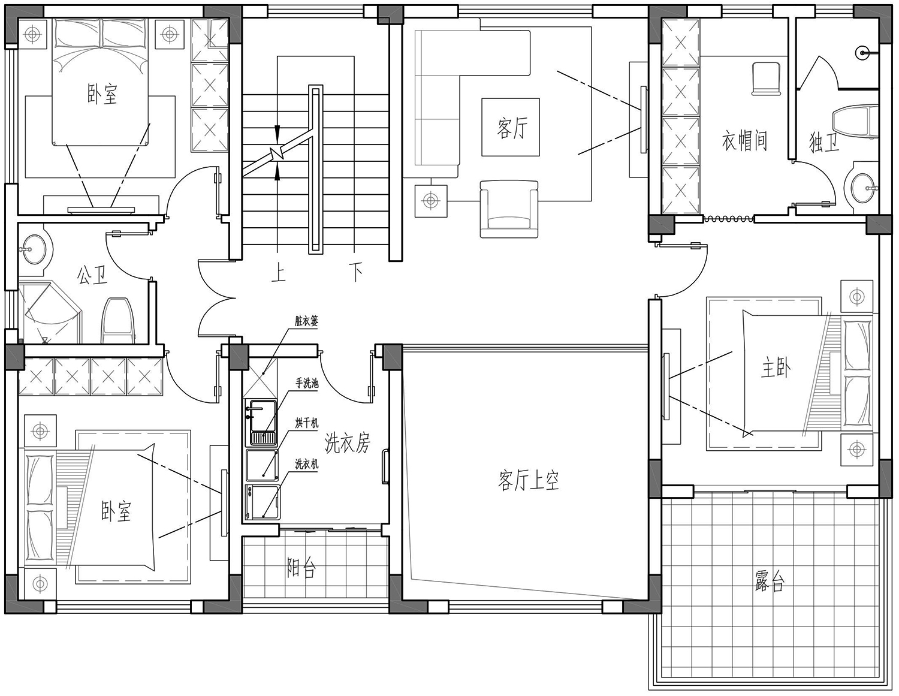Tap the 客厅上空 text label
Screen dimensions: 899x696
(x=529, y=480)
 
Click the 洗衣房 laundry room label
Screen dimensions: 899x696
(x=346, y=443)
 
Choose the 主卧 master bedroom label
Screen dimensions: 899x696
(x=776, y=367)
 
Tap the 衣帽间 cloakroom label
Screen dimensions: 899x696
(x=744, y=141)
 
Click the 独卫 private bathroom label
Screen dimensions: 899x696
(x=824, y=143)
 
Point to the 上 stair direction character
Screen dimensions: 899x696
(x=279, y=273)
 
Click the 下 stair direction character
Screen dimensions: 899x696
(x=355, y=272)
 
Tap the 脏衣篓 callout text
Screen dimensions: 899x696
(x=307, y=321)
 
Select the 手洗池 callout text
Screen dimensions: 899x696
(x=307, y=383)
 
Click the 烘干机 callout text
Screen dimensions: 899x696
(x=307, y=423)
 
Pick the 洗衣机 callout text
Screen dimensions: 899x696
(x=307, y=464)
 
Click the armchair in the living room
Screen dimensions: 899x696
(x=509, y=209)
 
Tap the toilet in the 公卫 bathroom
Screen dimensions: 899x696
(x=118, y=321)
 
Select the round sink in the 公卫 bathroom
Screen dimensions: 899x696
(x=34, y=249)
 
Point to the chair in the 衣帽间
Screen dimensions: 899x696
(x=765, y=79)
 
